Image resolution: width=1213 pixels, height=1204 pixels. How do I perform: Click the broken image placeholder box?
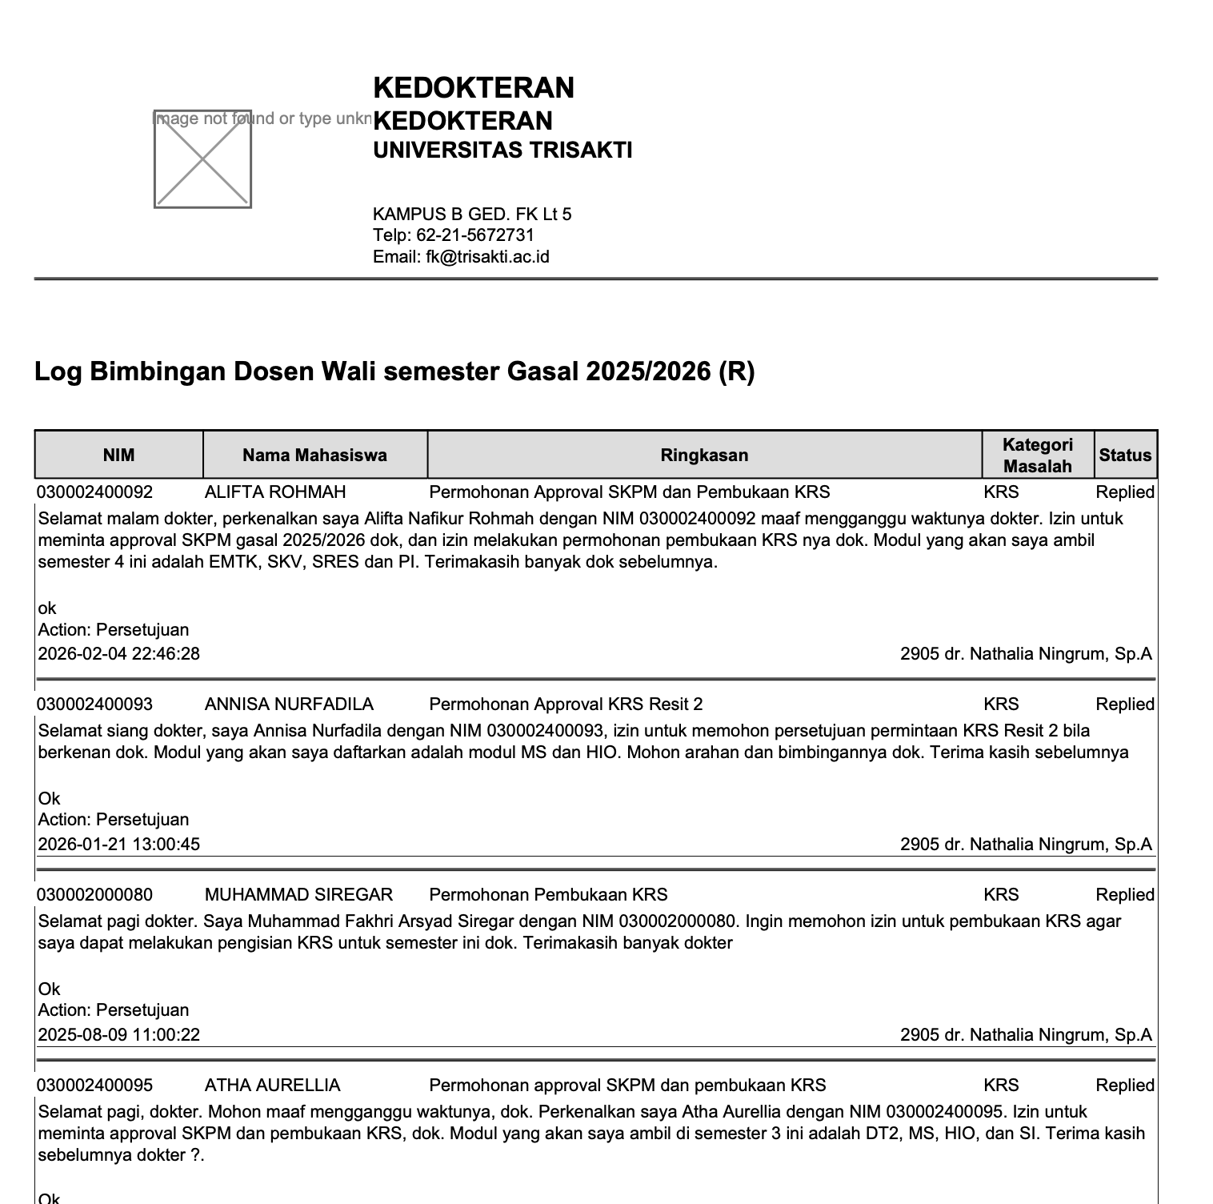tap(202, 159)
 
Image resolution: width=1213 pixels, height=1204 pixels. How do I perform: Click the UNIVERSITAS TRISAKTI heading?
tap(502, 150)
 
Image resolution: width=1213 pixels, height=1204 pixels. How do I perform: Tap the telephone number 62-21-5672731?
tap(475, 235)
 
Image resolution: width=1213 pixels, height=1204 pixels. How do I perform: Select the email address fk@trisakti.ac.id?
tap(487, 257)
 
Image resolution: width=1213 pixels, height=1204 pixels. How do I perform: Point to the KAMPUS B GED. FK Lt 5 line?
tap(472, 215)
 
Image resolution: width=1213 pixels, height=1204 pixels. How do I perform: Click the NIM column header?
tap(119, 456)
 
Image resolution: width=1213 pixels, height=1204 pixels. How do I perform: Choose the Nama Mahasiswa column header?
tap(314, 456)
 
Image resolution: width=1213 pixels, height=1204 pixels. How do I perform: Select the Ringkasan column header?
tap(704, 456)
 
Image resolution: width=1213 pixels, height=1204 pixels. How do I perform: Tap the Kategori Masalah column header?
tap(1037, 456)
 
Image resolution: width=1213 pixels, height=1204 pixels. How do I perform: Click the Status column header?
tap(1125, 456)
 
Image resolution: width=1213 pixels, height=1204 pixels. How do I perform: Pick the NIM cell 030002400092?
tap(94, 492)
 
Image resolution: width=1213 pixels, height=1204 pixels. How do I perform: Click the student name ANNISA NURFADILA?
tap(289, 704)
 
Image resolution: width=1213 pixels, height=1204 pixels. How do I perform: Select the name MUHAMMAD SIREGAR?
tap(298, 895)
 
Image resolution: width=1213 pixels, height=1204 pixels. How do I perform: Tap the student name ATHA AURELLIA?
tap(272, 1086)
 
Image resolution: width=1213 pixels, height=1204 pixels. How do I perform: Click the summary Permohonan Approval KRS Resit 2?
tap(566, 704)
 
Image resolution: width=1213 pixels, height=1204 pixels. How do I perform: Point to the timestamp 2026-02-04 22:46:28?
tap(119, 654)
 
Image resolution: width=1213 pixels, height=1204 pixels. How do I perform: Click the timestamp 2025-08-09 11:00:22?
tap(119, 1035)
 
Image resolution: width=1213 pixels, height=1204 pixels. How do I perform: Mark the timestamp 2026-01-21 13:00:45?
tap(119, 845)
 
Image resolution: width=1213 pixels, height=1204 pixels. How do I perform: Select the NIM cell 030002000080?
tap(94, 895)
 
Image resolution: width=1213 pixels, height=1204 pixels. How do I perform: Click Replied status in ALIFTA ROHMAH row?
tap(1125, 492)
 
